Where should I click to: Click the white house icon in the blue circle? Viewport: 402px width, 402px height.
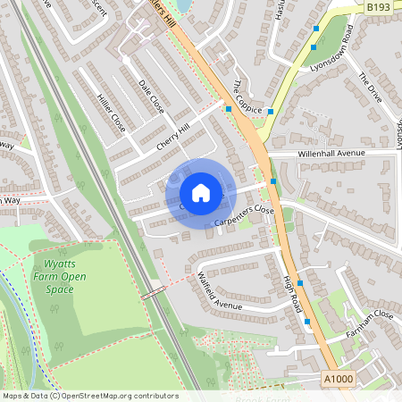(201, 192)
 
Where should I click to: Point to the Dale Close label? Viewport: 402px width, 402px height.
(151, 93)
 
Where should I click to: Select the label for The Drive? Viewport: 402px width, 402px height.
(369, 88)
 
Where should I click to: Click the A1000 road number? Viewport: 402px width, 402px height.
(338, 379)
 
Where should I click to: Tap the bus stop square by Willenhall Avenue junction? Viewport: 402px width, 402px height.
(273, 181)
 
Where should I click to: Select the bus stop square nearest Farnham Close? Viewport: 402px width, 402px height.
(307, 321)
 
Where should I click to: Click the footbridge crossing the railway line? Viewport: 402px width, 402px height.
(154, 292)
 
